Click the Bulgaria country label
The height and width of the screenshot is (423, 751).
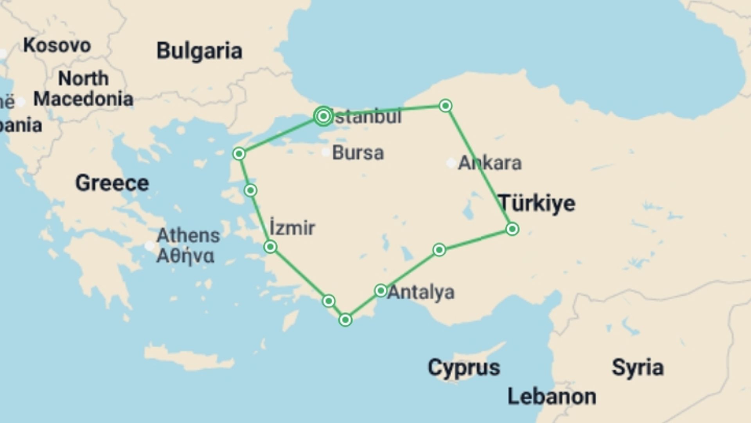pos(199,51)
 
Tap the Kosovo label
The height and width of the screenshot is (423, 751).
pos(57,45)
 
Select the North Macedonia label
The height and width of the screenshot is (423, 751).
pos(83,89)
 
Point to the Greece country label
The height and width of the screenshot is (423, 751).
pos(112,183)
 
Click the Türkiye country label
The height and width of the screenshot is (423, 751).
pos(537,203)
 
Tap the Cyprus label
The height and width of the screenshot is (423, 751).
pos(464,368)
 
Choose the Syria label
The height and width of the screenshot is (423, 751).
pos(638,367)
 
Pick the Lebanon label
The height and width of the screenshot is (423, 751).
pos(552,396)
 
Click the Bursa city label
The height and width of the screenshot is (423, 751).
pos(358,153)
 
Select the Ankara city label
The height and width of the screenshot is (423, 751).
pos(490,163)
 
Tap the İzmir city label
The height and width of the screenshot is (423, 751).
pos(292,228)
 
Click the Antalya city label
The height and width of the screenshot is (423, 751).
pos(421,292)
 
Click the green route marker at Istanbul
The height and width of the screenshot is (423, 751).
pos(323,116)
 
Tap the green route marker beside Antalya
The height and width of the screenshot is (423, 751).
pos(381,291)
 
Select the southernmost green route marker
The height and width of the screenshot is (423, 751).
pos(345,320)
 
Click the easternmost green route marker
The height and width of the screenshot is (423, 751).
pos(512,229)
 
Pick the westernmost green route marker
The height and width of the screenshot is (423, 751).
pos(239,154)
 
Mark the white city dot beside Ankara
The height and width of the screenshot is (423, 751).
pos(451,163)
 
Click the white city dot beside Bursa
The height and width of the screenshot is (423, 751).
pos(325,152)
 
